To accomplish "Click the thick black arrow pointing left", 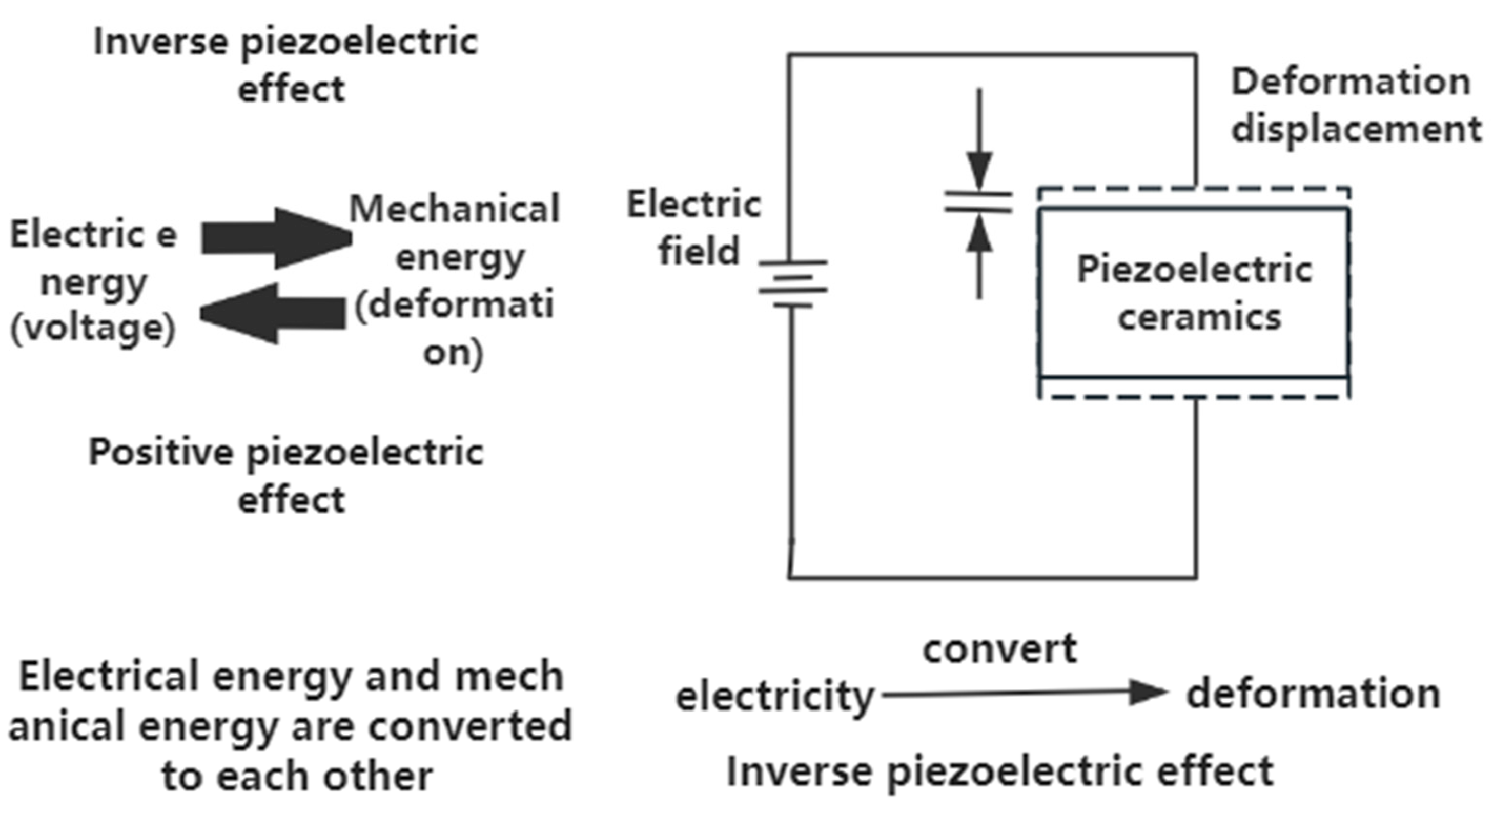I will click(272, 314).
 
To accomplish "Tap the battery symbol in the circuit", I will click(792, 284).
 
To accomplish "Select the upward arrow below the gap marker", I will click(979, 255).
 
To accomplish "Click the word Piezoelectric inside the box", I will click(1194, 270).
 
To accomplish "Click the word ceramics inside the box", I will click(1199, 317).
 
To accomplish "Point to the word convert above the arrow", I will click(1000, 649).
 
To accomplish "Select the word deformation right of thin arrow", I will click(1313, 694).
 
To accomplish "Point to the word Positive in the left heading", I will click(160, 453).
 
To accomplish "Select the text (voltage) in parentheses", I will click(93, 329).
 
